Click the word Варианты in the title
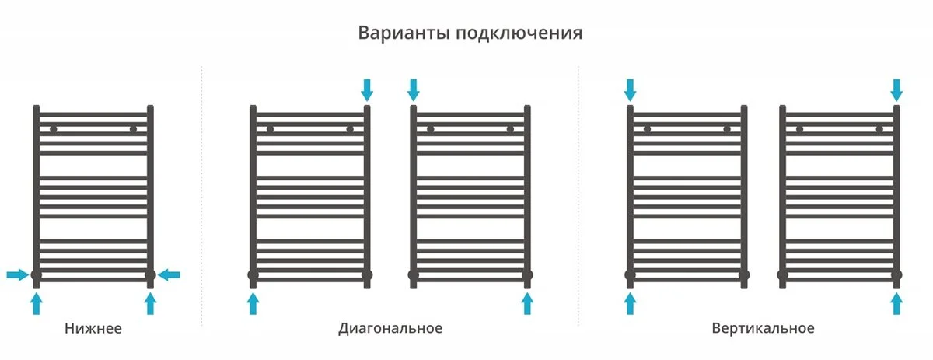[404, 33]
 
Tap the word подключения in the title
[519, 33]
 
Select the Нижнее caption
[93, 328]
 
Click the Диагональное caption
[390, 328]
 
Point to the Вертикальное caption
[763, 328]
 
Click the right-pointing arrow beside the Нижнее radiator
[18, 274]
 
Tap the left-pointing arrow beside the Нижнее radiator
[169, 274]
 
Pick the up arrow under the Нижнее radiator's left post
[37, 303]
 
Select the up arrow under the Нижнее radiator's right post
[150, 303]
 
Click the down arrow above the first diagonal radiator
[367, 90]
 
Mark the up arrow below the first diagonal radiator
[253, 303]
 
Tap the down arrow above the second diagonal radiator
[413, 90]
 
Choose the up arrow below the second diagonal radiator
[527, 303]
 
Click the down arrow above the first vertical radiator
[631, 90]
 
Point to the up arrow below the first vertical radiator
[631, 303]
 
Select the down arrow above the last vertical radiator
[896, 90]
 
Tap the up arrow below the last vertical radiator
[896, 303]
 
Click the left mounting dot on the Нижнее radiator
[54, 129]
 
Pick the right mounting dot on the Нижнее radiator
[133, 129]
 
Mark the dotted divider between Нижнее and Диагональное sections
[202, 196]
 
